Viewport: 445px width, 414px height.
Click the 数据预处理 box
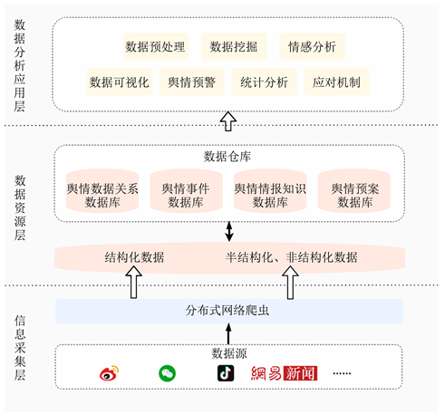coord(156,47)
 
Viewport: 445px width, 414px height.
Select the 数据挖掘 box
coord(234,47)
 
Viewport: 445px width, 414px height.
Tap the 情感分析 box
coord(313,47)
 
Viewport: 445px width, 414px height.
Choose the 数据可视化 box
coord(120,82)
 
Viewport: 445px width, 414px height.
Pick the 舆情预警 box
coord(192,82)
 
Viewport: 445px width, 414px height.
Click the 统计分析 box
coord(264,82)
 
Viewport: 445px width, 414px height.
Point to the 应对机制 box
coord(336,82)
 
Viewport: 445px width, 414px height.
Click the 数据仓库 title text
coord(227,157)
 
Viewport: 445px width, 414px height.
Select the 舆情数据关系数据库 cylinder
coord(102,190)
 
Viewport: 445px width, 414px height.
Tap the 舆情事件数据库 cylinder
coord(187,190)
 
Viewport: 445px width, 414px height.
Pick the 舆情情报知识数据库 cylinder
coord(270,190)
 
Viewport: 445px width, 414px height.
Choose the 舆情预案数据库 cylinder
coord(354,190)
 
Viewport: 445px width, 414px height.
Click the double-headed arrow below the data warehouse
coord(229,232)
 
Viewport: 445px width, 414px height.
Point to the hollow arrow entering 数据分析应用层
coord(228,121)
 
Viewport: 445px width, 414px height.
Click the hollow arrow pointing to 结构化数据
coord(134,283)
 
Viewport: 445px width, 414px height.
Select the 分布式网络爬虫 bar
coord(229,311)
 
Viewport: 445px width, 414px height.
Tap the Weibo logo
coord(110,373)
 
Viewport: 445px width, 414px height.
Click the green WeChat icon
coord(167,373)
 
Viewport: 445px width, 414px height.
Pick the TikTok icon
coord(226,373)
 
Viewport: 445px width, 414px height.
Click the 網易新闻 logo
coord(284,373)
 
